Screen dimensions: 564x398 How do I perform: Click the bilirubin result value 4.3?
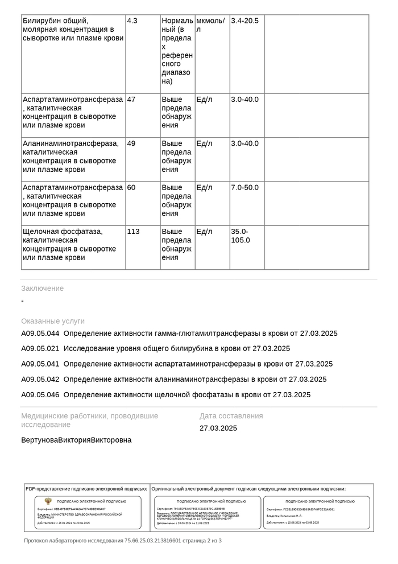(x=132, y=20)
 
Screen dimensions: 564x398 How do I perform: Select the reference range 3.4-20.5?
(x=244, y=20)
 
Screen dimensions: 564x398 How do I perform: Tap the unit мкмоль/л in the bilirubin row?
(x=210, y=25)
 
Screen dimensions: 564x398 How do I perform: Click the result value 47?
(x=131, y=99)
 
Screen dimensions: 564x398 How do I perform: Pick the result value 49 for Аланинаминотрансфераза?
(x=131, y=143)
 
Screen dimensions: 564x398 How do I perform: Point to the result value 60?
(x=131, y=187)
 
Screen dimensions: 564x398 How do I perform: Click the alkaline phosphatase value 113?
(x=133, y=232)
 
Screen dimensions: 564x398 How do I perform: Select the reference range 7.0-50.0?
(x=244, y=187)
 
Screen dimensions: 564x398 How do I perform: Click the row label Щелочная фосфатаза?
(x=62, y=232)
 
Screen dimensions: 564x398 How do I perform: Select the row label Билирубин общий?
(x=55, y=20)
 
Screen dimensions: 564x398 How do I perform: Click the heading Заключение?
(x=43, y=289)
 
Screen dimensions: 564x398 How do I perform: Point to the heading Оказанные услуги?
(x=53, y=321)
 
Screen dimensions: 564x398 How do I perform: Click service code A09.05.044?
(x=40, y=334)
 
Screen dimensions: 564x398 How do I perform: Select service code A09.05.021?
(x=40, y=349)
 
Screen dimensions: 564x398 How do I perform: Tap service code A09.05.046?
(x=40, y=395)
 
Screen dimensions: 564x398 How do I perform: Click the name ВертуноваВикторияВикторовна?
(x=76, y=440)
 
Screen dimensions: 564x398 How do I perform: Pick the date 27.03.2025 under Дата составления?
(x=218, y=429)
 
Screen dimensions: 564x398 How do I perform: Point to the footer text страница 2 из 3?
(x=202, y=541)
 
